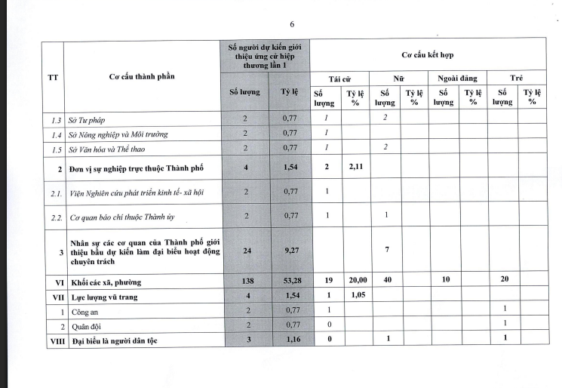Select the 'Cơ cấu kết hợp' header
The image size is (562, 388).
[x=428, y=55]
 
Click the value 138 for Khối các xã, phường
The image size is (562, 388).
[x=245, y=281]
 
